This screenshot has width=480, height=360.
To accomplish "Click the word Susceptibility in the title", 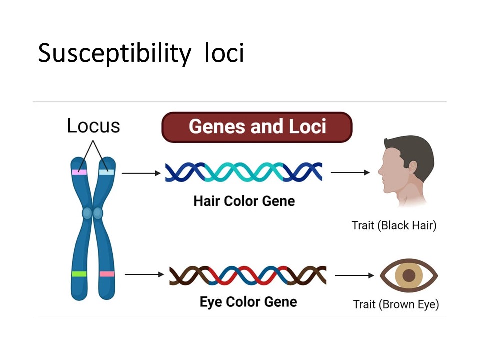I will (x=114, y=53).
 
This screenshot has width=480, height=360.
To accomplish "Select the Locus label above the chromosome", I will (x=93, y=126).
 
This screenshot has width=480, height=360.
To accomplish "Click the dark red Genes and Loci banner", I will (x=257, y=127).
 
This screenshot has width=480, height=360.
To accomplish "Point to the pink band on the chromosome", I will (x=79, y=172).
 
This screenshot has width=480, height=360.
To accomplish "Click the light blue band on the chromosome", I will (x=106, y=172).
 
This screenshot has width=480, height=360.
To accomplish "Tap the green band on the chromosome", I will (x=79, y=274).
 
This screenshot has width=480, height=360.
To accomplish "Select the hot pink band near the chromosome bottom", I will (x=107, y=274).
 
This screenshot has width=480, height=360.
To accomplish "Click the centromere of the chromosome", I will (x=93, y=214).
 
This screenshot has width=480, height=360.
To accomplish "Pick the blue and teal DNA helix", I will (x=244, y=173).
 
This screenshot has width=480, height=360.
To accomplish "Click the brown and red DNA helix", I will (x=248, y=275).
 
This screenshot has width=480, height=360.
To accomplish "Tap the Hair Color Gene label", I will (x=244, y=201).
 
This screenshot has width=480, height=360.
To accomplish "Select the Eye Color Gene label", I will (x=248, y=302).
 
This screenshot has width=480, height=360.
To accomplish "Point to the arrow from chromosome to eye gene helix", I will (x=144, y=274).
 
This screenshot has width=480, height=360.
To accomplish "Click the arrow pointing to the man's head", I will (x=350, y=173).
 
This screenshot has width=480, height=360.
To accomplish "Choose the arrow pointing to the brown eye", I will (x=354, y=275).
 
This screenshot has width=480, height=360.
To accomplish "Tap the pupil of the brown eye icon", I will (x=409, y=275).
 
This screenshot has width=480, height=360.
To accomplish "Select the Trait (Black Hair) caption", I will (x=394, y=225).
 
